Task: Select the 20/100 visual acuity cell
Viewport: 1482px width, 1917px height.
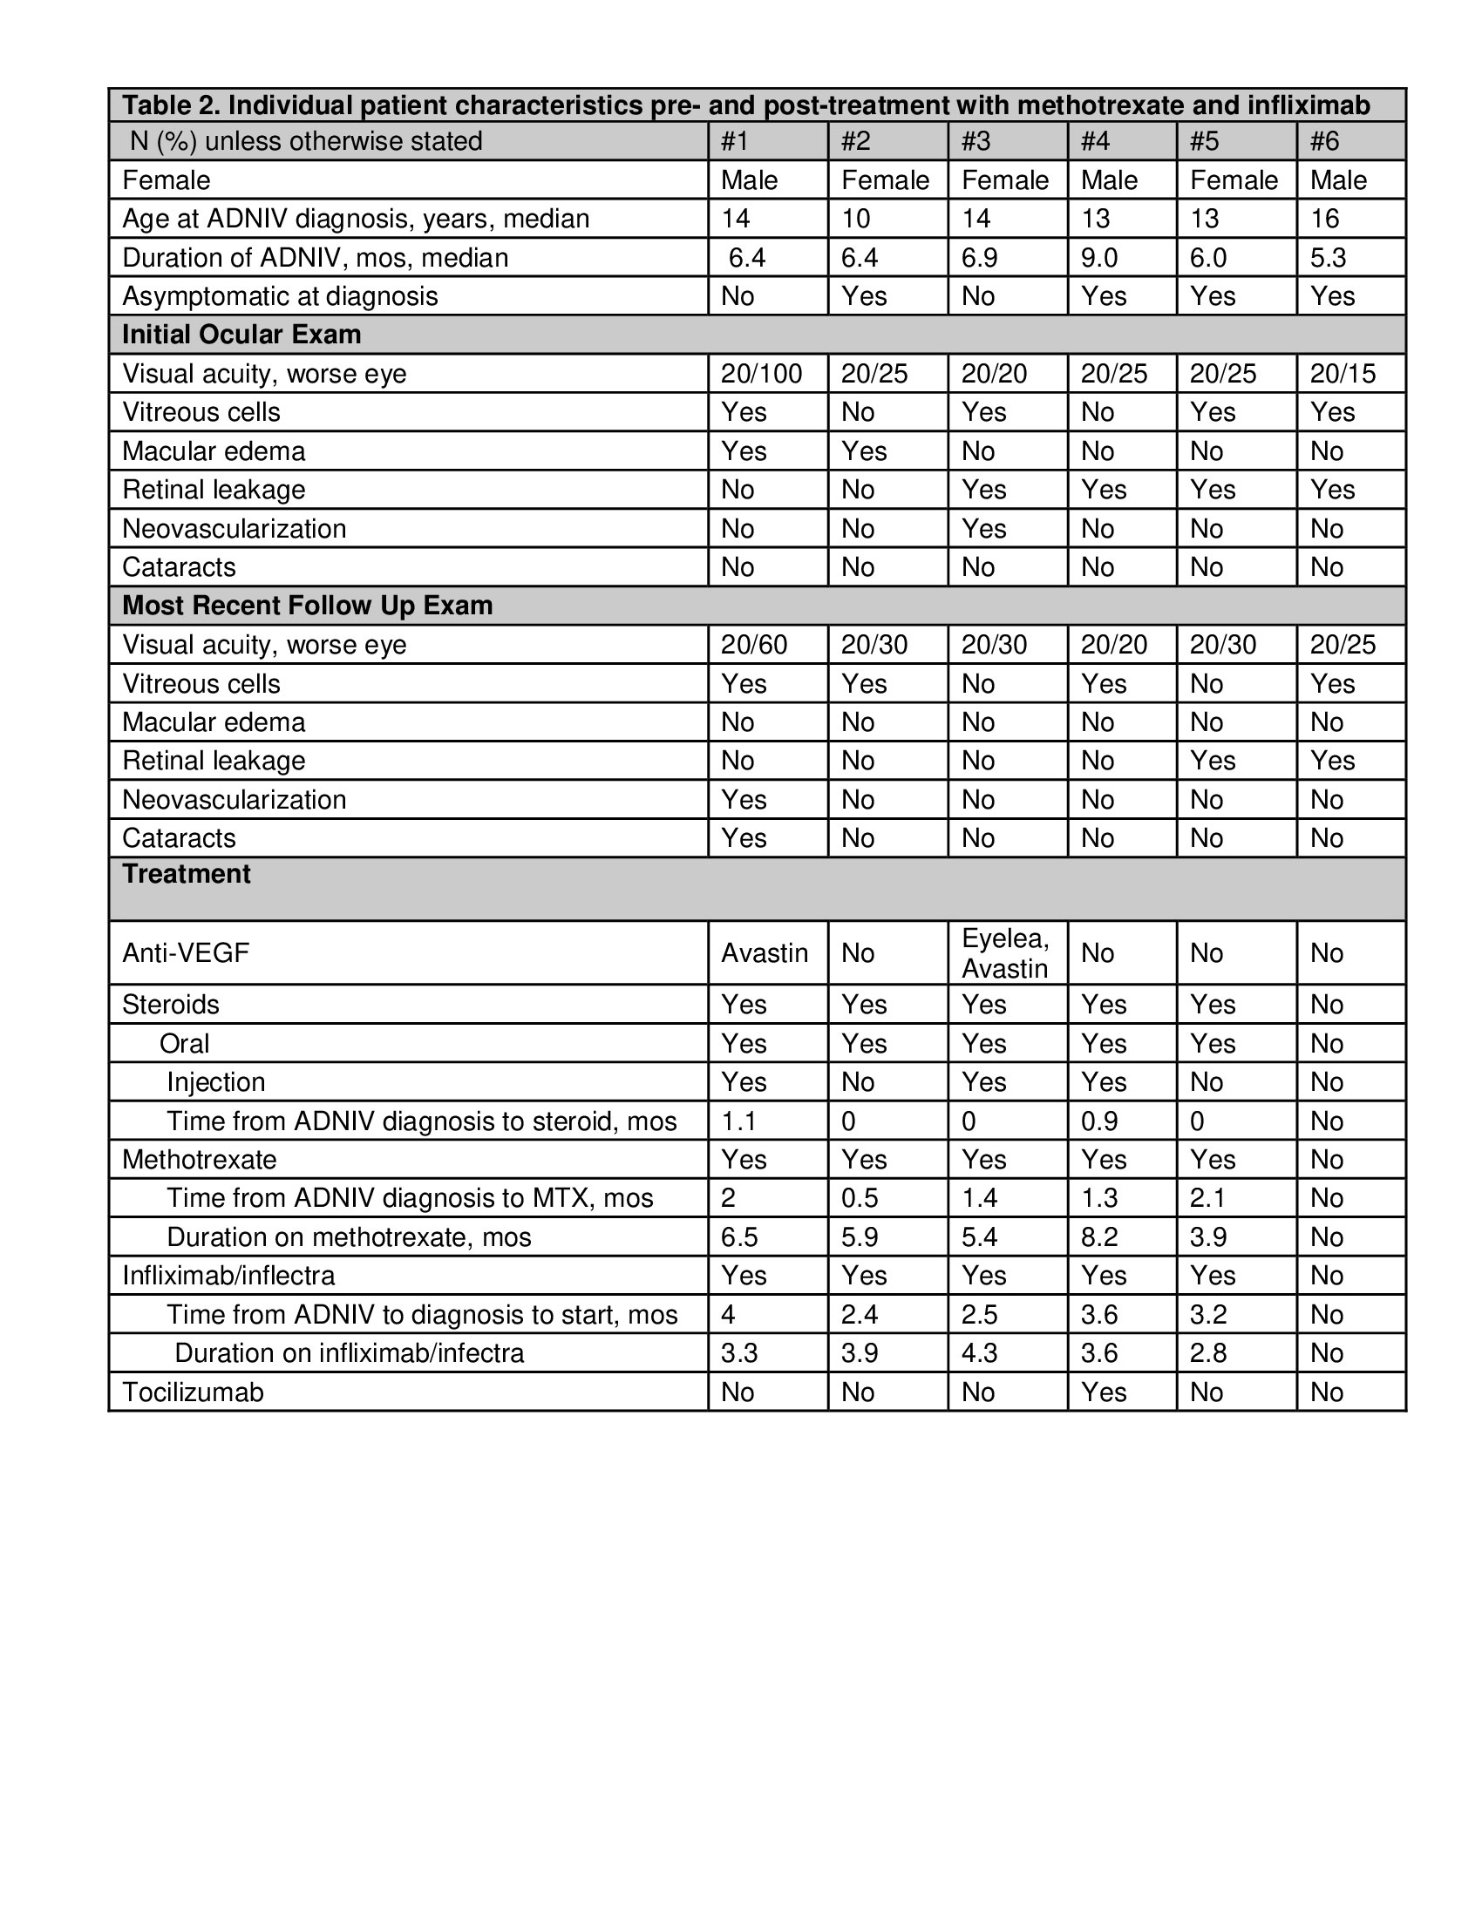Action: click(761, 374)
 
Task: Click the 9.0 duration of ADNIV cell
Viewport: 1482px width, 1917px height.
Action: click(1098, 258)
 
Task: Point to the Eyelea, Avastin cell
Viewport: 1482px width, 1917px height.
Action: click(1005, 953)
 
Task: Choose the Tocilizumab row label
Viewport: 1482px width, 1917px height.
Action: click(193, 1392)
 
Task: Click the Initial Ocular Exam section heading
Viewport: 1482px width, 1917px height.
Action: click(241, 335)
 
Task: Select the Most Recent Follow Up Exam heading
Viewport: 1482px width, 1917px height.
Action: click(307, 606)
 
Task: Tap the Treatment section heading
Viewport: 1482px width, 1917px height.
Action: click(187, 874)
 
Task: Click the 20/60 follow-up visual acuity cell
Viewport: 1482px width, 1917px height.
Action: click(754, 645)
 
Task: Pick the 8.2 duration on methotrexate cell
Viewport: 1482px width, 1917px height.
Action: click(1099, 1237)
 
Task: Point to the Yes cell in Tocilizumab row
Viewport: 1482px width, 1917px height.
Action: click(1103, 1392)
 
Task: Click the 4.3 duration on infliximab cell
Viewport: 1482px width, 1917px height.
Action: click(979, 1352)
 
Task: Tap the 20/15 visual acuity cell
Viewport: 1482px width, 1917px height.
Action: click(1343, 374)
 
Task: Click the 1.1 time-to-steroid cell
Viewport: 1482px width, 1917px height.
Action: click(738, 1121)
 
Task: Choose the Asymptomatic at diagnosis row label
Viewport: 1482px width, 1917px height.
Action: click(279, 296)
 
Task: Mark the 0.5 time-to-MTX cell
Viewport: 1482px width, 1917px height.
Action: click(860, 1198)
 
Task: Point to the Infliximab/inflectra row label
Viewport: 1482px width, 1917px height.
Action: click(228, 1276)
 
